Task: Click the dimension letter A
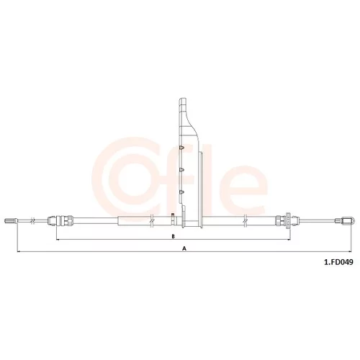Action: tap(184, 248)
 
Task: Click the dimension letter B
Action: tap(173, 236)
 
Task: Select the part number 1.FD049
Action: tap(338, 262)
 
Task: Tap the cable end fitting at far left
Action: tap(11, 220)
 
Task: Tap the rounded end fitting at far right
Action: tap(344, 220)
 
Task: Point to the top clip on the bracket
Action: tap(182, 148)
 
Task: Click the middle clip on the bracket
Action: tap(181, 170)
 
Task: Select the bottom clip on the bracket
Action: tap(181, 192)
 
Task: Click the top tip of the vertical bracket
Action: tap(183, 98)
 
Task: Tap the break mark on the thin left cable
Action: tap(33, 220)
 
